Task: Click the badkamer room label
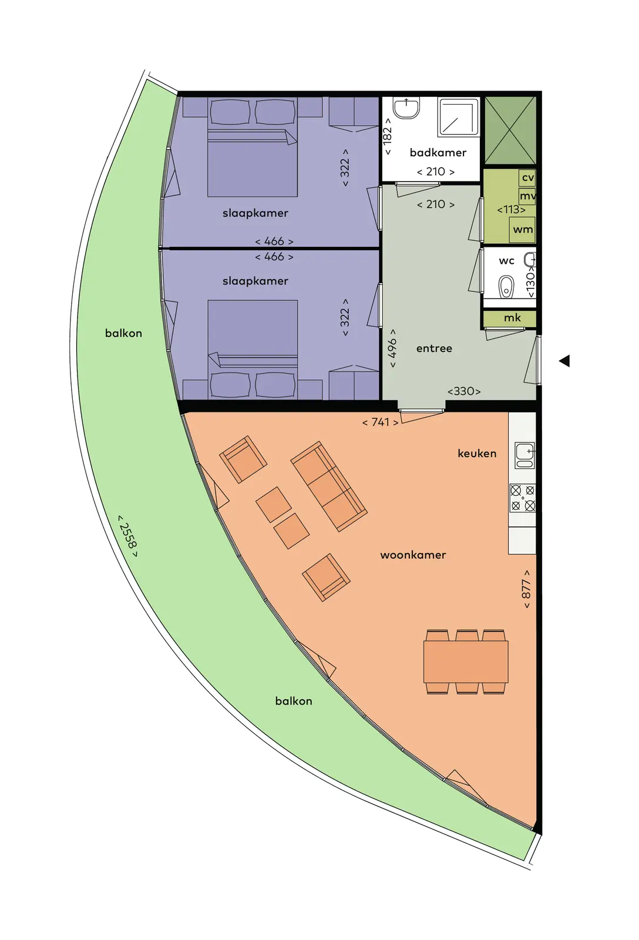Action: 438,152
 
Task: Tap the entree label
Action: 434,348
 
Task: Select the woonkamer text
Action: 413,555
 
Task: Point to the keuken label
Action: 477,453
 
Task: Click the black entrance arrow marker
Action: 564,361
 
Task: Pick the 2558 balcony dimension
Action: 127,536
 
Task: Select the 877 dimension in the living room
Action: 526,589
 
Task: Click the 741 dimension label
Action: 380,422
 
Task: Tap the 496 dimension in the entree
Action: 392,348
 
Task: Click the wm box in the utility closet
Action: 522,230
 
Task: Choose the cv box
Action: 527,177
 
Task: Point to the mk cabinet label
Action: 512,318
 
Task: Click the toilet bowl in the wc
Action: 506,287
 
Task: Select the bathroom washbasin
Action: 406,108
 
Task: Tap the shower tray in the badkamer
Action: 458,117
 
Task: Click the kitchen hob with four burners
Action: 522,498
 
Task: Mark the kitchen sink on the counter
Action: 524,455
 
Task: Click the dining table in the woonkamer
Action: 466,662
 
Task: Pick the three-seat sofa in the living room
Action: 329,486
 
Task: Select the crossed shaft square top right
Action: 510,130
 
